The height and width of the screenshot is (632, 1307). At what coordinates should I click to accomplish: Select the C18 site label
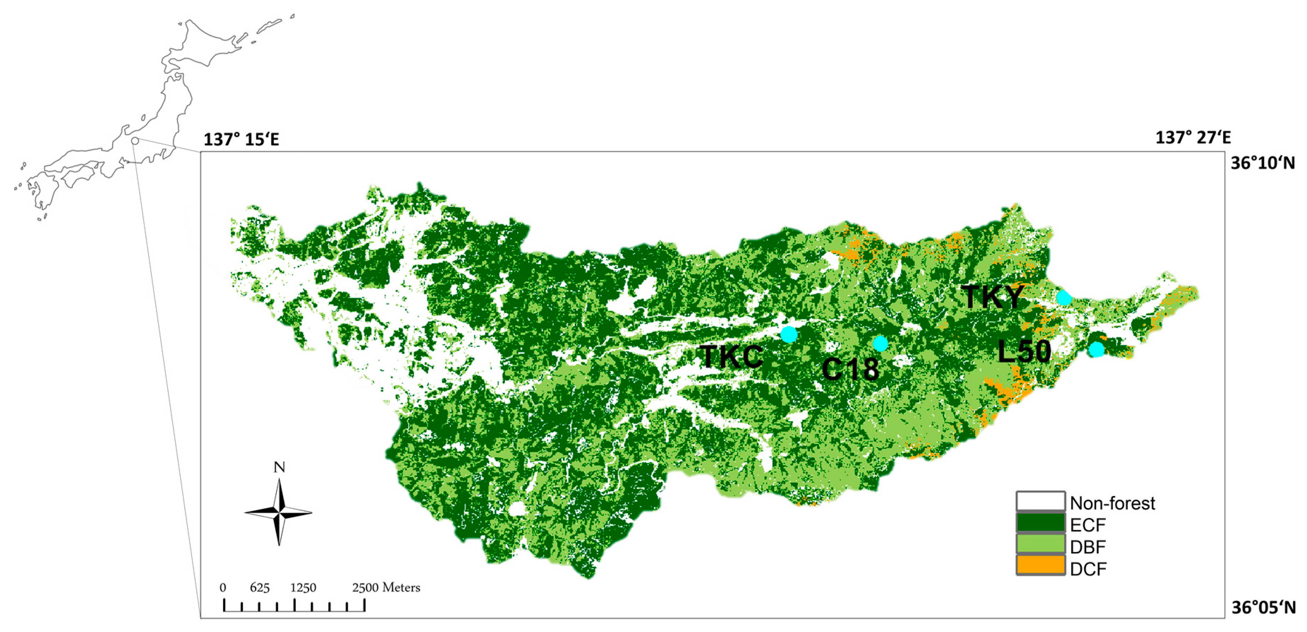[x=850, y=369]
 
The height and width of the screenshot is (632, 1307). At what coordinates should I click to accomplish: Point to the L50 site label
[x=1024, y=351]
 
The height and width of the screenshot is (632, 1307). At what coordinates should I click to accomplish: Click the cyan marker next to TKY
[x=1063, y=298]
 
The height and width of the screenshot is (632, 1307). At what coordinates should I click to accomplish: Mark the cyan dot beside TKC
[x=789, y=334]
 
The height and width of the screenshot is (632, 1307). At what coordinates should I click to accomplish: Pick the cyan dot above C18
[x=880, y=344]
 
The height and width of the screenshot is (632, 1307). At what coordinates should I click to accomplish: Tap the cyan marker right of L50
[x=1096, y=349]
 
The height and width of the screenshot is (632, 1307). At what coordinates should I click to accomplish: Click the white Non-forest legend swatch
[x=1040, y=501]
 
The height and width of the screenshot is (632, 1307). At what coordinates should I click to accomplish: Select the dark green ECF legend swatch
[x=1040, y=523]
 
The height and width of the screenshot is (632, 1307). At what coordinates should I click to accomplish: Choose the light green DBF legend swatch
[x=1040, y=545]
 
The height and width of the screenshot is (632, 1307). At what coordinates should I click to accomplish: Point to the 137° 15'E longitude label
[x=241, y=139]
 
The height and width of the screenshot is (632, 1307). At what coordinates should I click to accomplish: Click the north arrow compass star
[x=278, y=512]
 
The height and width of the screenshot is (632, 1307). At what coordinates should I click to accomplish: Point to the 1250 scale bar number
[x=303, y=588]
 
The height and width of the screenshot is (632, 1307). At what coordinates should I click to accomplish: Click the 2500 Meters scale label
[x=386, y=588]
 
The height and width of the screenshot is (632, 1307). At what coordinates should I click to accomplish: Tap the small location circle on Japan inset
[x=135, y=141]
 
